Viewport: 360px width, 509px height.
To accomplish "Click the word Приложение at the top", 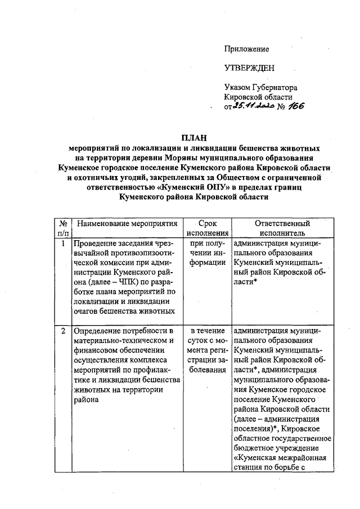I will (x=246, y=49).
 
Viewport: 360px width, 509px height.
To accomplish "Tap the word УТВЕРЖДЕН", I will (x=249, y=69).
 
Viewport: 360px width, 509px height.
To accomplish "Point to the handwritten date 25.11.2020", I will (x=255, y=107).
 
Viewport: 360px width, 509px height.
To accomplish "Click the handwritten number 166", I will (x=293, y=107).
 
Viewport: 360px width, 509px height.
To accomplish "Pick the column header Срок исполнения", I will (x=208, y=228).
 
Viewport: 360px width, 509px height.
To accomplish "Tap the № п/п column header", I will (x=63, y=228).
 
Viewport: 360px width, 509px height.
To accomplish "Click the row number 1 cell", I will (x=63, y=244).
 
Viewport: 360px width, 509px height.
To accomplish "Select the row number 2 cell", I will (x=63, y=330).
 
